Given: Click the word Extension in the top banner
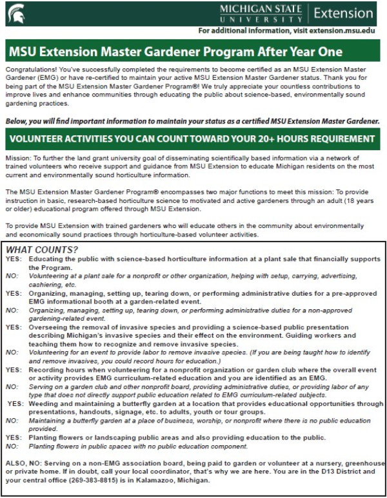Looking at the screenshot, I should click(346, 12).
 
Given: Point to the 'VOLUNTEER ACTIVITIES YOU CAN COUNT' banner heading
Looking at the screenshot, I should click(193, 139).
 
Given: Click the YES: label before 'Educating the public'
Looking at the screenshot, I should click(13, 258).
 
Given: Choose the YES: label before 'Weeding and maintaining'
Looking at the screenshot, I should click(14, 404).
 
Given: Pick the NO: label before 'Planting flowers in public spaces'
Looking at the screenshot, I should click(12, 446).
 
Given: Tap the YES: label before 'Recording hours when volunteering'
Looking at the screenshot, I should click(13, 370).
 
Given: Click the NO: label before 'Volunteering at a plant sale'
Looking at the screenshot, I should click(12, 274).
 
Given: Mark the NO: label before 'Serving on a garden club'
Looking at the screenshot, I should click(12, 387).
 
